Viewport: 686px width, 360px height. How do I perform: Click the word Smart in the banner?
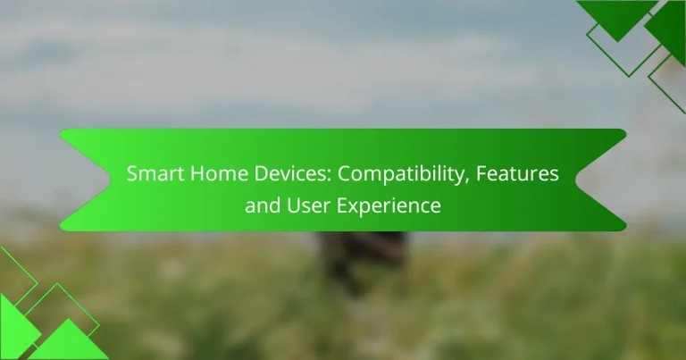point(151,175)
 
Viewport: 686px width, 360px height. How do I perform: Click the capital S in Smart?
point(131,175)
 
